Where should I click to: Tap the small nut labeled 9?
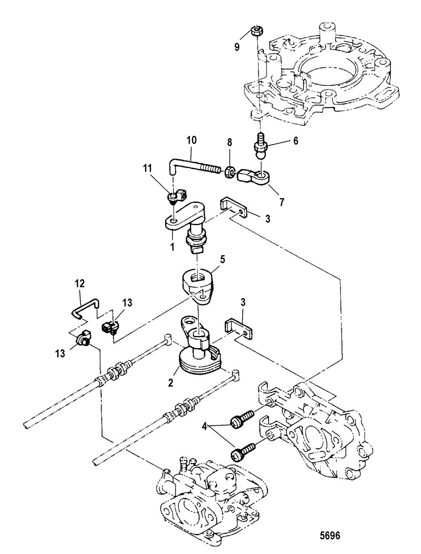[256, 31]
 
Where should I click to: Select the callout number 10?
[192, 140]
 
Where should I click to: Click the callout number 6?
[295, 141]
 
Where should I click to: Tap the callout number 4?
[204, 428]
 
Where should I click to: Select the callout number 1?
[172, 247]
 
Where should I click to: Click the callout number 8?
[229, 143]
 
